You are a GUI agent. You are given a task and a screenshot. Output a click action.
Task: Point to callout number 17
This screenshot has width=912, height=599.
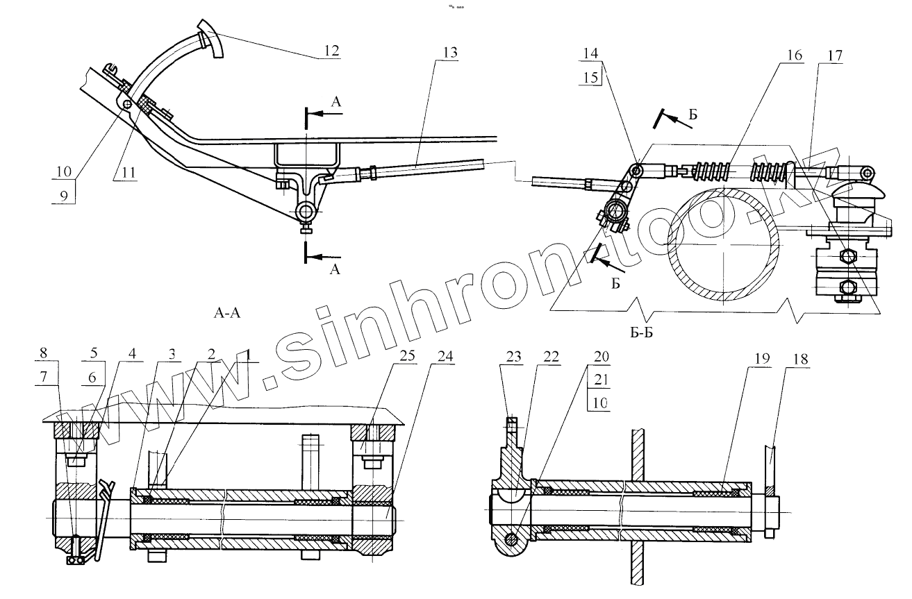[834, 55]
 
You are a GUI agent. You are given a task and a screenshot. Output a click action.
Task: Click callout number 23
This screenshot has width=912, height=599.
[513, 355]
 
